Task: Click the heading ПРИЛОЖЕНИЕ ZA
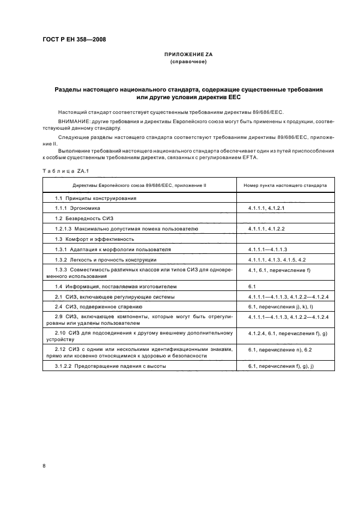click(x=188, y=55)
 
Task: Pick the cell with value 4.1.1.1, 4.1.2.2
click(x=267, y=229)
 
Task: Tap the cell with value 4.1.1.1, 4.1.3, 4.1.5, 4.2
click(x=277, y=260)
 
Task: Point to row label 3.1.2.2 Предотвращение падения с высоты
click(x=110, y=366)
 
